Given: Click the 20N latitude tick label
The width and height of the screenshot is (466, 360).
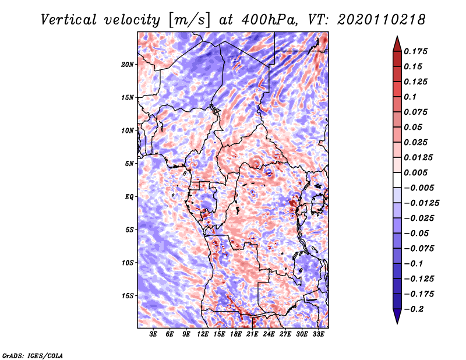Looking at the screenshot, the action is click(x=128, y=65).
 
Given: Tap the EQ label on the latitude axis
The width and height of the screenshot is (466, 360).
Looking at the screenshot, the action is click(x=129, y=197).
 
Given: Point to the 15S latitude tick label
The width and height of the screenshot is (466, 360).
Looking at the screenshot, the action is click(x=128, y=296).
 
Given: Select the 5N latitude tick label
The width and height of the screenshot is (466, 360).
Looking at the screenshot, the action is click(x=129, y=164).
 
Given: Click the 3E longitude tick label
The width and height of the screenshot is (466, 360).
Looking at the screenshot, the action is click(x=153, y=334).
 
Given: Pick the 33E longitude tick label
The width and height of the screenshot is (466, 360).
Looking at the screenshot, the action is click(x=318, y=334).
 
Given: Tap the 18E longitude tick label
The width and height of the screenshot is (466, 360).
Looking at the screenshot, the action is click(x=236, y=334).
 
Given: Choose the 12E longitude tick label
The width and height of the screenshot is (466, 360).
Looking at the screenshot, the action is click(x=203, y=334).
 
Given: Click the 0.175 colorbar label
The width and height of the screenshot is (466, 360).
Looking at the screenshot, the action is click(x=415, y=51).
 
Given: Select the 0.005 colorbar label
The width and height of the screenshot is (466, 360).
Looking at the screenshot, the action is click(x=415, y=172).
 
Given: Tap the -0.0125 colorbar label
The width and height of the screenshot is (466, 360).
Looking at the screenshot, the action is click(x=421, y=203).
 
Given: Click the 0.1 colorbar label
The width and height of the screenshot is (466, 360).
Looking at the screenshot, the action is click(x=410, y=97).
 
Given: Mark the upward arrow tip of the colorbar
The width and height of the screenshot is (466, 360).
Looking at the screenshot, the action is click(x=397, y=36).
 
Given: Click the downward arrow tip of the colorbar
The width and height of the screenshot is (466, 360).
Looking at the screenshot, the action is click(x=397, y=323).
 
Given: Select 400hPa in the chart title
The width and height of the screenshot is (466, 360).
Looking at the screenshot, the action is click(x=270, y=20).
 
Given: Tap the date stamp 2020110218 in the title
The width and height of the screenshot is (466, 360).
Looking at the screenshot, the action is click(x=381, y=20).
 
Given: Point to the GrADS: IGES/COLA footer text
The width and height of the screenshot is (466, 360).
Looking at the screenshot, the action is click(x=33, y=355).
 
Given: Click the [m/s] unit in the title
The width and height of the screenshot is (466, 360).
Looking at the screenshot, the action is click(x=189, y=20).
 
